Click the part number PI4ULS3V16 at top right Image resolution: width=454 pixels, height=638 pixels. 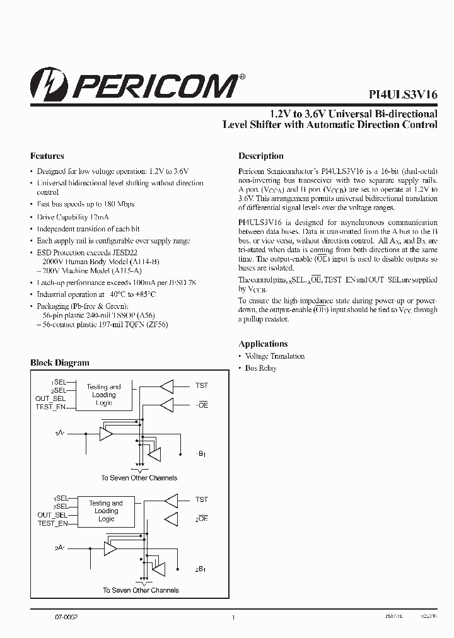click(403, 93)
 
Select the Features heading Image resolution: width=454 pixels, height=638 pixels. click(47, 156)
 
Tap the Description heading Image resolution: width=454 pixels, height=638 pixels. click(260, 156)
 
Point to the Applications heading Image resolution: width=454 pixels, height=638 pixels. click(263, 344)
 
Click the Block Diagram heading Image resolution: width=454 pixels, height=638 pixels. click(60, 362)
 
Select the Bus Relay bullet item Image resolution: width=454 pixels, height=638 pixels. click(260, 368)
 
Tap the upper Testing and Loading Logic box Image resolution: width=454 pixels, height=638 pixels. click(104, 395)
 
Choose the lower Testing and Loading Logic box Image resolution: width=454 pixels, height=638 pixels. click(106, 511)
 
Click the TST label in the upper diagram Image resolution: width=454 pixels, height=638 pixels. click(201, 385)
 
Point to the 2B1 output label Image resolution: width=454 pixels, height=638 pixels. click(201, 569)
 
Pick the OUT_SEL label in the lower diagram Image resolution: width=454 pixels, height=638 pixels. click(52, 515)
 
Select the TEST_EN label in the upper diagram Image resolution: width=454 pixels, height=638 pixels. click(51, 407)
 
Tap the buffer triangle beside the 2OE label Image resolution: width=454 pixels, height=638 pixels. click(170, 518)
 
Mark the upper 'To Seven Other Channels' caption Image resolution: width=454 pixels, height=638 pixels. click(140, 478)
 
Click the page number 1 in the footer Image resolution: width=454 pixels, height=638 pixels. click(233, 618)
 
